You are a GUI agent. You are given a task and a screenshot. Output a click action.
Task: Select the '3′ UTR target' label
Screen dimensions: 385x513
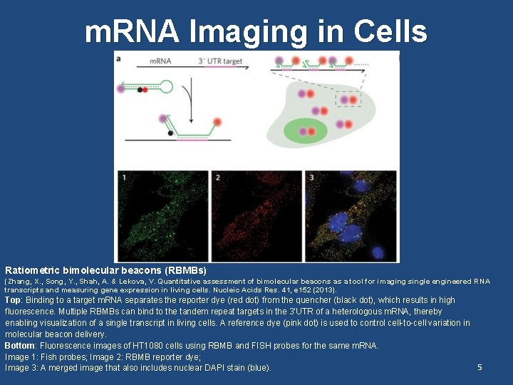point(218,61)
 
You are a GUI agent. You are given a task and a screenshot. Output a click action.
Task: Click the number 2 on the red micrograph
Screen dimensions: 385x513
point(217,177)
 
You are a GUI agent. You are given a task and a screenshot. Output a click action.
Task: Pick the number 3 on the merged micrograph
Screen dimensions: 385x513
point(311,177)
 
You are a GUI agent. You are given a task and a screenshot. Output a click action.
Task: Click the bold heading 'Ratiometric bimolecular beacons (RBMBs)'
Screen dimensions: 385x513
point(105,271)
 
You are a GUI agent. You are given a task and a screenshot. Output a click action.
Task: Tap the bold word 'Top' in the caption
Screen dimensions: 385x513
point(13,300)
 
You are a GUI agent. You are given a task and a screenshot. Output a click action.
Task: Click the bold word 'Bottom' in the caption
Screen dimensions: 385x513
point(20,346)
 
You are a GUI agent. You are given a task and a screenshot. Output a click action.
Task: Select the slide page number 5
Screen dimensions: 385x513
point(480,367)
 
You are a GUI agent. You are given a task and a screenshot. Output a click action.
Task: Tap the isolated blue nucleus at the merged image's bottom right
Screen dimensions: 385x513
point(378,252)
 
